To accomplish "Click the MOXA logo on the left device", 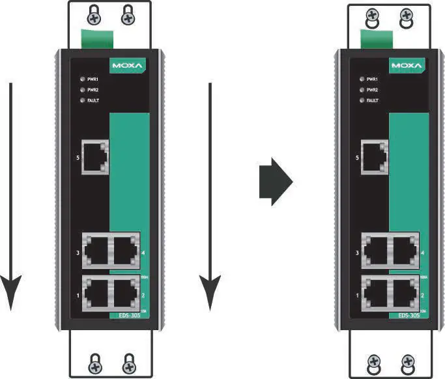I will point(126,66).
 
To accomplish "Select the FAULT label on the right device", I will point(373,101).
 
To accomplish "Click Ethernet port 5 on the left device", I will point(94,157).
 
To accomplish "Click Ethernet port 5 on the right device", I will point(373,157).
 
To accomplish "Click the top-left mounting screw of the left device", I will point(94,12).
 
